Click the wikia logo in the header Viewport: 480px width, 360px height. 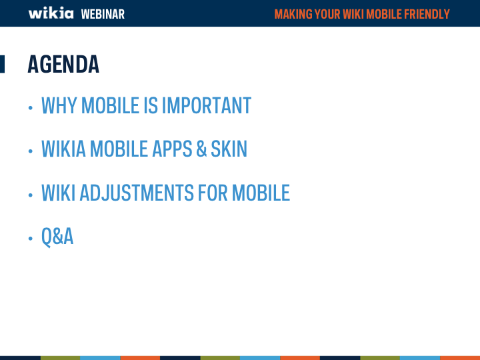click(51, 13)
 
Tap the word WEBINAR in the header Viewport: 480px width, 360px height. click(103, 14)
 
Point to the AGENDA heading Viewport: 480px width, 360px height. click(63, 64)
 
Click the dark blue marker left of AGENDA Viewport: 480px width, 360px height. click(2, 64)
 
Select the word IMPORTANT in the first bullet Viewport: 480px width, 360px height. click(207, 105)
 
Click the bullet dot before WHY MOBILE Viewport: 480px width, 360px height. click(30, 107)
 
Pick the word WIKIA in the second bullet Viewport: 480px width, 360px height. click(64, 149)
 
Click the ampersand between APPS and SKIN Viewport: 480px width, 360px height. click(201, 149)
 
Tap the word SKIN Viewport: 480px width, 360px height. click(229, 149)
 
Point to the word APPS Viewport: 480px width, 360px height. click(172, 149)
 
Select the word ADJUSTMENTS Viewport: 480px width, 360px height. click(137, 193)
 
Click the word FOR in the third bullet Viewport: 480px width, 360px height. click(213, 193)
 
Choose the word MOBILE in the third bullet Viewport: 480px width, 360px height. click(261, 193)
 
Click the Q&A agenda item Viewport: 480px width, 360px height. click(57, 237)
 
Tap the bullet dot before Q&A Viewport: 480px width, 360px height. click(30, 238)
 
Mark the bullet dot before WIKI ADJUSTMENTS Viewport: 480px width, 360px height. click(30, 195)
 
